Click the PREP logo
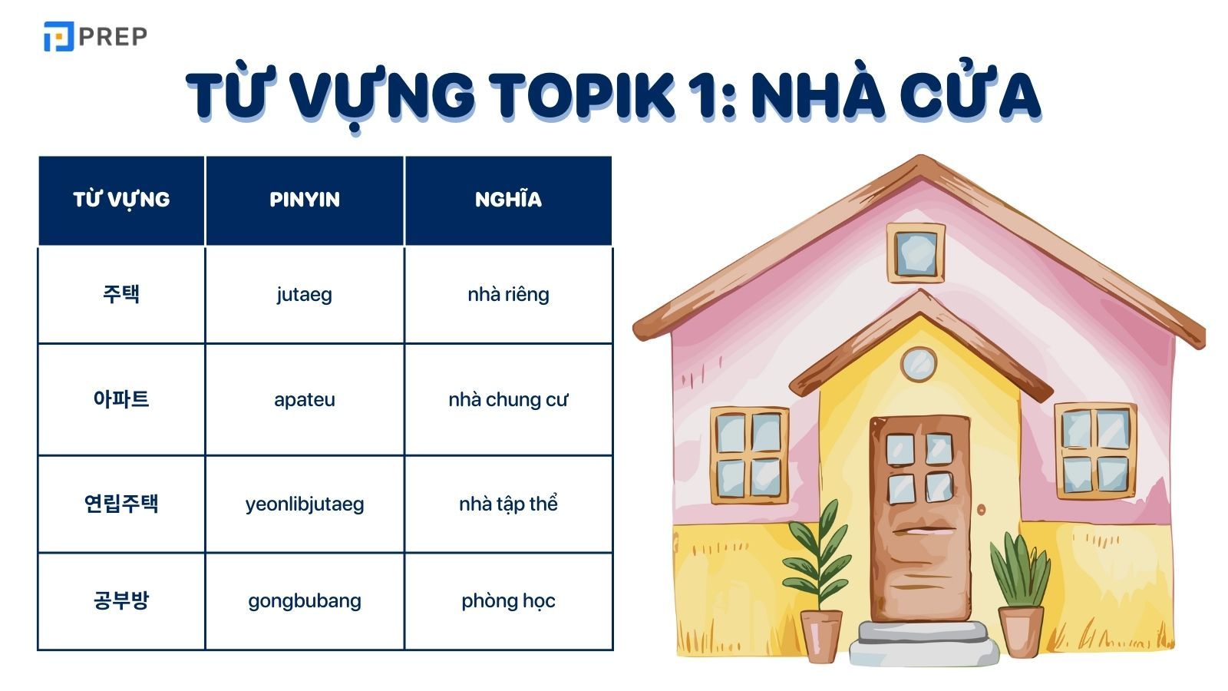point(95,36)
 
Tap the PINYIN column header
point(305,200)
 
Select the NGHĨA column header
point(508,200)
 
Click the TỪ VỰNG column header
point(121,200)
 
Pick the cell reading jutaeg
point(305,294)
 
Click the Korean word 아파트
point(121,399)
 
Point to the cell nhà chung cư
point(508,399)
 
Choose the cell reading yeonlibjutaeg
point(305,504)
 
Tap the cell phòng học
point(508,600)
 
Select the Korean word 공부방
point(121,600)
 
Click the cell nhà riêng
point(508,294)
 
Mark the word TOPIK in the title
point(583,95)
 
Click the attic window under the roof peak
point(916,253)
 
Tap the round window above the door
point(918,364)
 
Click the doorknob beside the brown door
point(981,509)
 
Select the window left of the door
point(749,455)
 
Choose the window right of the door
point(1095,451)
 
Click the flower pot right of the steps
point(1021,630)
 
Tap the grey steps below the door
point(923,643)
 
